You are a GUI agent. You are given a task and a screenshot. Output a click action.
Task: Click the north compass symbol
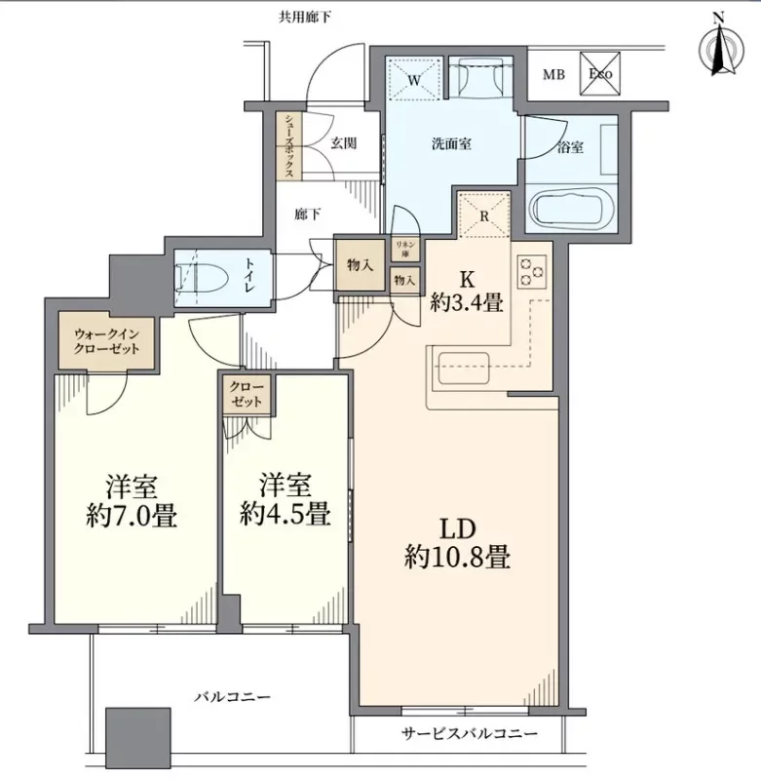(x=720, y=48)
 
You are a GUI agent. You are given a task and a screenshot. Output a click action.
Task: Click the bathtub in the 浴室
(x=571, y=208)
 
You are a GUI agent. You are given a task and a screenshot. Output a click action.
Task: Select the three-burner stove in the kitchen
(x=532, y=271)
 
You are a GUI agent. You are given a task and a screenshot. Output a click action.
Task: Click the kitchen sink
(x=467, y=371)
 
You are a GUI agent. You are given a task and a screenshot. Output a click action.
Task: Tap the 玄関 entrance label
(x=342, y=143)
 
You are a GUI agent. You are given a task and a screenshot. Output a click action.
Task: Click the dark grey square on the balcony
(x=137, y=736)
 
